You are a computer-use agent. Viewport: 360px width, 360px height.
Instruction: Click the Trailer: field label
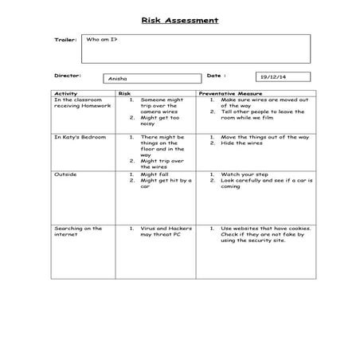coord(65,39)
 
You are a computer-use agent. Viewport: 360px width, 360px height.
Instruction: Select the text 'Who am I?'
coord(101,39)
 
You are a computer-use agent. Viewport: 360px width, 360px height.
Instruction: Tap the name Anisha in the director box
coord(117,79)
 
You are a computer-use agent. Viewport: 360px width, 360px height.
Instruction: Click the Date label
coord(217,76)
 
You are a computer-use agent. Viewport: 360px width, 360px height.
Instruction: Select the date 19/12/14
coord(272,77)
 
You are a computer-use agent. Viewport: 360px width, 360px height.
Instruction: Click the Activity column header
coord(65,93)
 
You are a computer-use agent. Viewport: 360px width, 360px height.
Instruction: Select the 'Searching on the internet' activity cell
coord(78,232)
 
